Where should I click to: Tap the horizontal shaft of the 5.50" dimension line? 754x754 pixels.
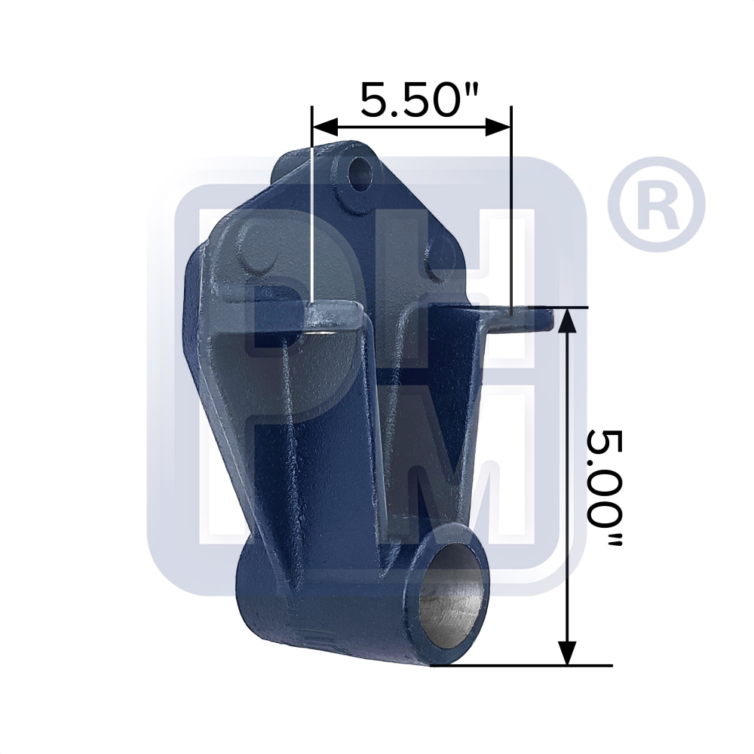411,127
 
